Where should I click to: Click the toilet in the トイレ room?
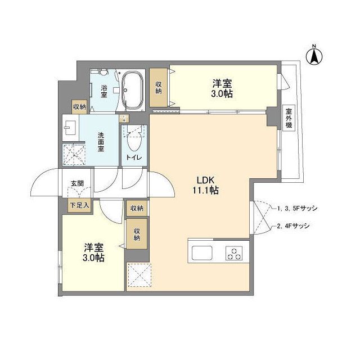pos(134,138)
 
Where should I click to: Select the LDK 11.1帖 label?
pos(206,185)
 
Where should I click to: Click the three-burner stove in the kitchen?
pos(235,253)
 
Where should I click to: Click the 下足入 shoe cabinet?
pos(79,205)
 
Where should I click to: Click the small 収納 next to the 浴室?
pos(79,106)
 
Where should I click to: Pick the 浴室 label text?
pos(105,91)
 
